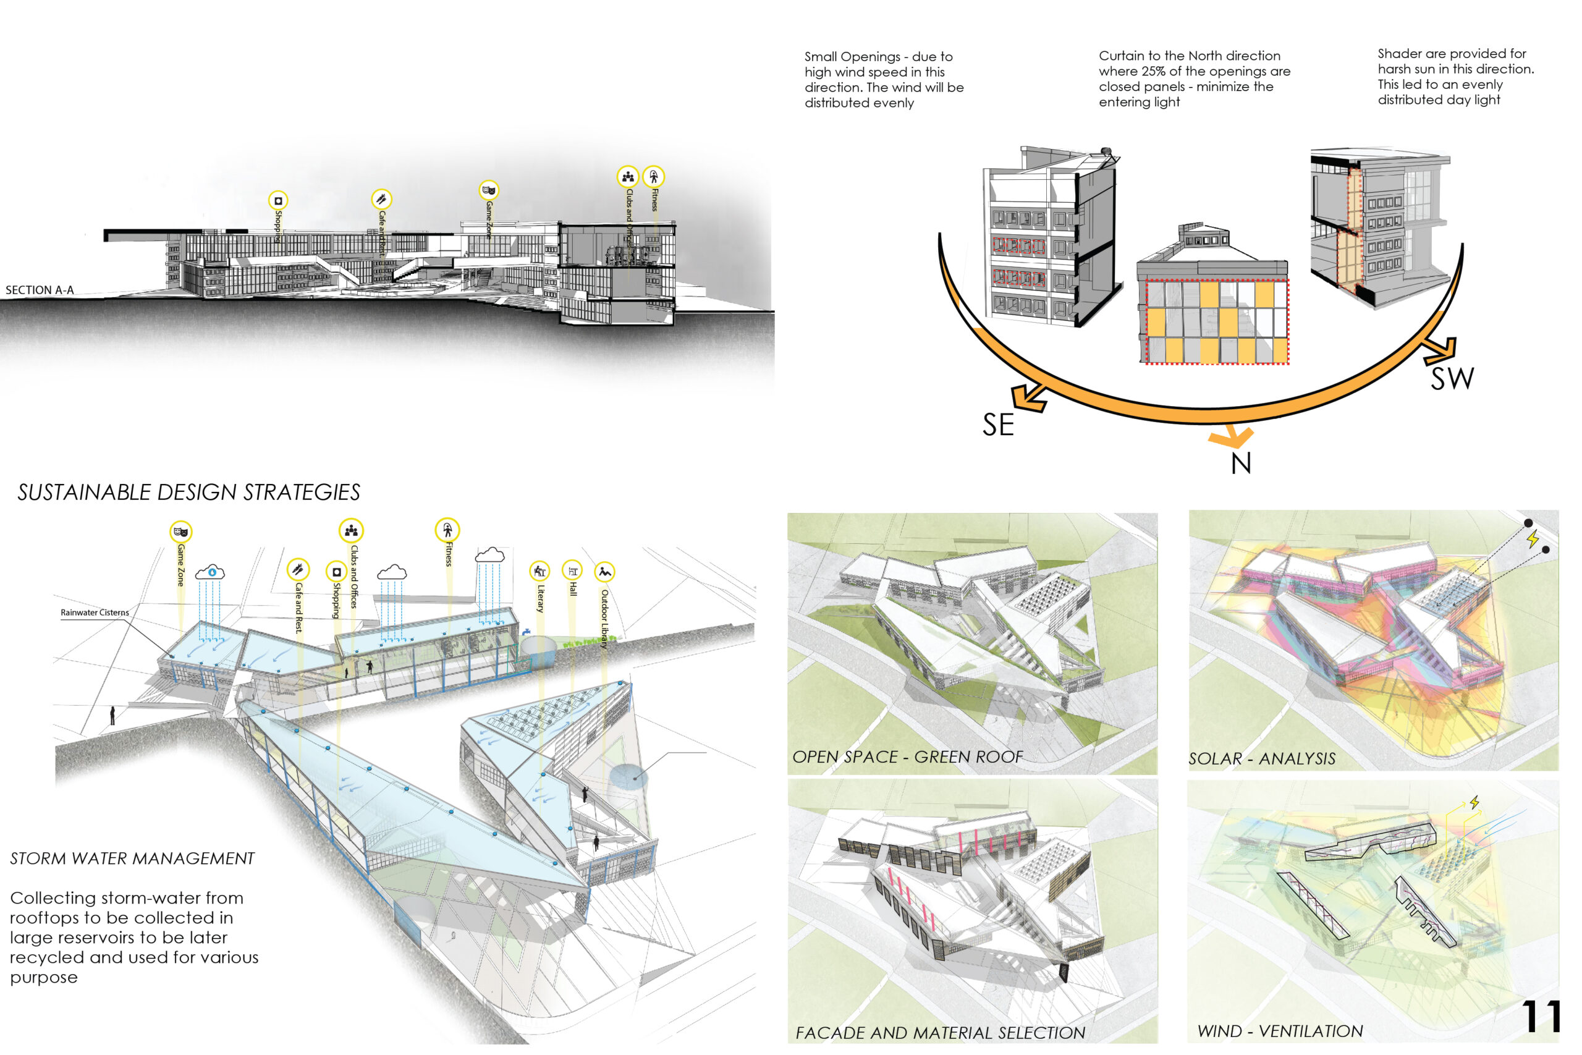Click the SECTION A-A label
pos(40,290)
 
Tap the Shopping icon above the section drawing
pos(278,200)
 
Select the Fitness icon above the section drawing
pos(653,177)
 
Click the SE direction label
pos(997,425)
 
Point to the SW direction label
pos(1452,379)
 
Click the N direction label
pos(1241,464)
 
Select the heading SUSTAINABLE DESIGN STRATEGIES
pos(189,493)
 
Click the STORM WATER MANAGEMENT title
pos(132,858)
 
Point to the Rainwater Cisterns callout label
pos(94,612)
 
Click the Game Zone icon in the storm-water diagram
pos(180,532)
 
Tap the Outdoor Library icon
pos(605,571)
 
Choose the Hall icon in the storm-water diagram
pos(572,571)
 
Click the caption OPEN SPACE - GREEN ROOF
pos(907,757)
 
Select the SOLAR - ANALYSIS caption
pos(1262,759)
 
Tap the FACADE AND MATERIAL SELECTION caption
pos(941,1033)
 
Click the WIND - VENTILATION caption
pos(1280,1031)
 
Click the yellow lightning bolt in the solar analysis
pos(1533,539)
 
